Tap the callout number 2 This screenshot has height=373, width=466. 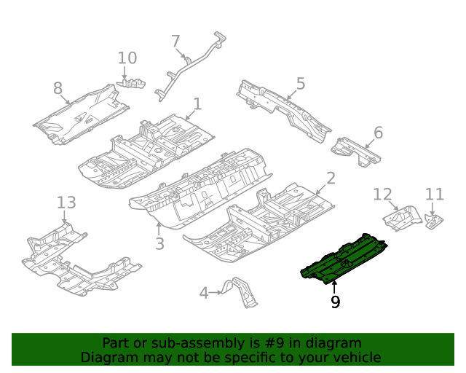(x=330, y=178)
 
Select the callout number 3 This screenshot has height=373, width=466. (x=159, y=243)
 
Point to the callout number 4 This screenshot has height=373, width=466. (x=205, y=293)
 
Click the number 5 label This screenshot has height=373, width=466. (x=300, y=84)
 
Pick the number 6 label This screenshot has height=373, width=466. (x=378, y=133)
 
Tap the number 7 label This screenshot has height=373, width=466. (x=175, y=42)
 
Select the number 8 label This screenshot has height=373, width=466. (x=58, y=89)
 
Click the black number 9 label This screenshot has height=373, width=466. (x=335, y=302)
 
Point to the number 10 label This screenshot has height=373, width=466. (x=127, y=58)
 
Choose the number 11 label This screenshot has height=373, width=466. (x=434, y=194)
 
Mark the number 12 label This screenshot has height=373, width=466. (x=382, y=194)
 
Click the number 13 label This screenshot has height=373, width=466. (x=66, y=202)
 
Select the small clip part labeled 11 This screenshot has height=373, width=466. (x=434, y=220)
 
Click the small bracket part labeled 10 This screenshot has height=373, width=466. (x=132, y=84)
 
